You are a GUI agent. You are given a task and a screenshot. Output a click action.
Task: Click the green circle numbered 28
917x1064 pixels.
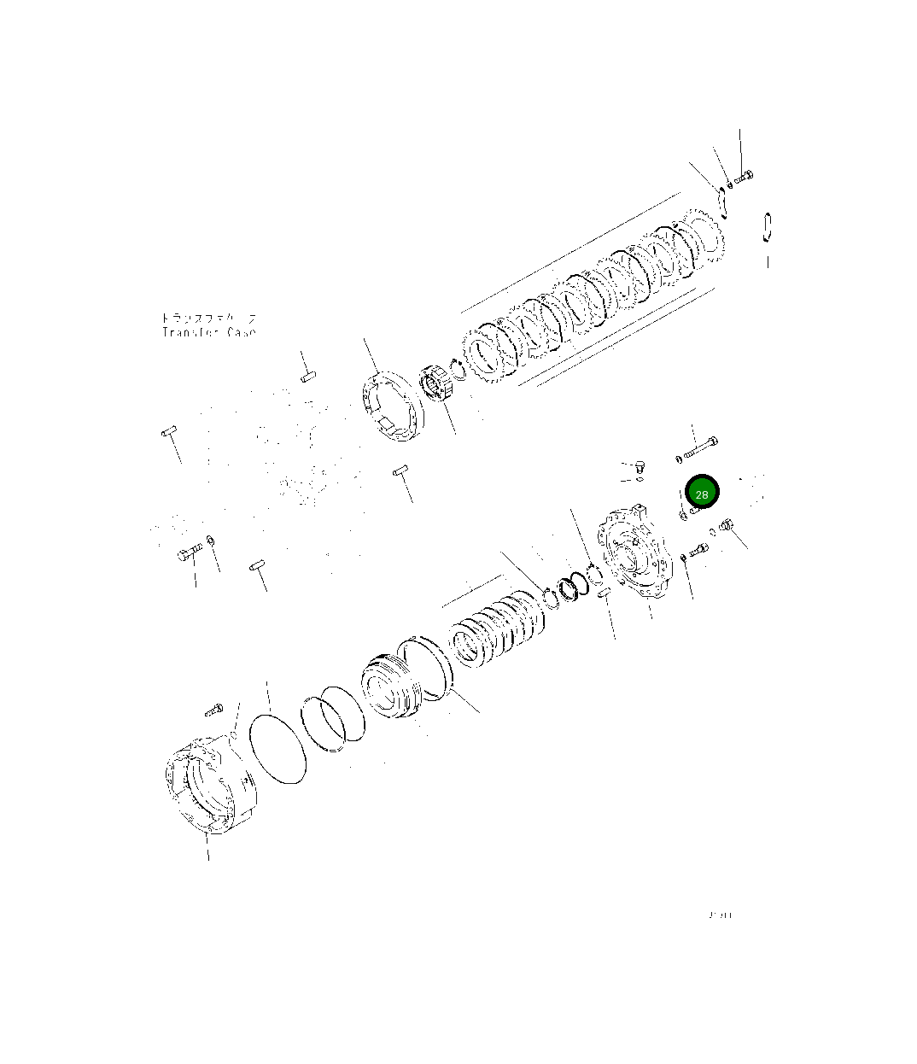pyautogui.click(x=702, y=494)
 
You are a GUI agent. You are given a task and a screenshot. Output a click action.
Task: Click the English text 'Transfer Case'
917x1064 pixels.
pyautogui.click(x=208, y=332)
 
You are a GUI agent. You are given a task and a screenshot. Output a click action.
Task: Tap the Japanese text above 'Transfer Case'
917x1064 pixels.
pyautogui.click(x=208, y=318)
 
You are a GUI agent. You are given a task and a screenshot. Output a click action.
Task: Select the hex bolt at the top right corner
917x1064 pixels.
pyautogui.click(x=743, y=177)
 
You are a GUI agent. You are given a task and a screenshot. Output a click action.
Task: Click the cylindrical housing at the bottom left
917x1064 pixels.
pyautogui.click(x=207, y=786)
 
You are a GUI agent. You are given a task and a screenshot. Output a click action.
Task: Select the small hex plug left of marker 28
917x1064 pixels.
pyautogui.click(x=640, y=466)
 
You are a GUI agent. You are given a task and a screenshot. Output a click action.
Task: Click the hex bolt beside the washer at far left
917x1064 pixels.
pyautogui.click(x=189, y=554)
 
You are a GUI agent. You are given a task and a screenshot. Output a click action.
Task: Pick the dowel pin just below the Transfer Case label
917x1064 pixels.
pyautogui.click(x=308, y=376)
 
